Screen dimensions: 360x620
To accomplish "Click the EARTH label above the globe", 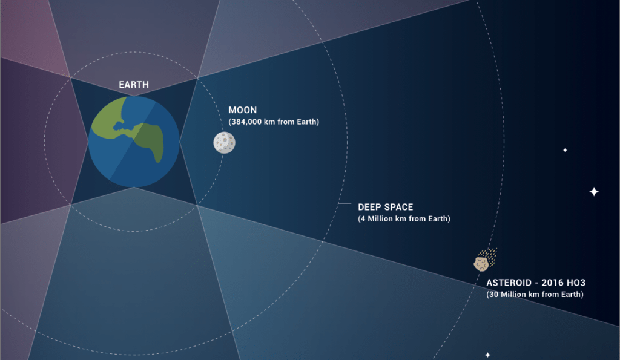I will pos(134,85).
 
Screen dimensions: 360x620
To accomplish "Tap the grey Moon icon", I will pos(224,142).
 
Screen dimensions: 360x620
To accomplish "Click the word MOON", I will pos(243,110).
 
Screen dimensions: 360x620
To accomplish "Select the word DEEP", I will pos(371,207).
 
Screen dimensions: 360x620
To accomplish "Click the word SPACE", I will pos(400,207).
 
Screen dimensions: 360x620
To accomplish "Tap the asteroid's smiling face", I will pos(481,264).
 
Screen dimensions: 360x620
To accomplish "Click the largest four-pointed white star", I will pos(594,192).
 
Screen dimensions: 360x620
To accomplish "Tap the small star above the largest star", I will pos(565,149).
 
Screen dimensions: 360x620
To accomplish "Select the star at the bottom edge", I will pos(487,355).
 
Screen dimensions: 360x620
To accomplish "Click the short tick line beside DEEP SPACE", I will pos(345,204).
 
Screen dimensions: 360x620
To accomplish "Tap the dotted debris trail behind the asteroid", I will pos(491,255).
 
